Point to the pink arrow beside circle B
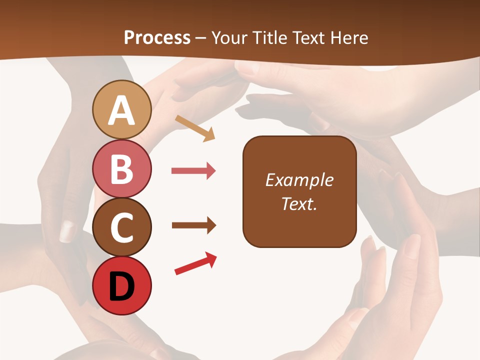193,171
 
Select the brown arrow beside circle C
193,225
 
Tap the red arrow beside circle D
195,263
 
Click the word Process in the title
157,37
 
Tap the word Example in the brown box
299,180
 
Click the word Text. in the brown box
299,203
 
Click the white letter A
122,110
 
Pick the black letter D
122,287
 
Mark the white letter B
122,169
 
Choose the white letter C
122,228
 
